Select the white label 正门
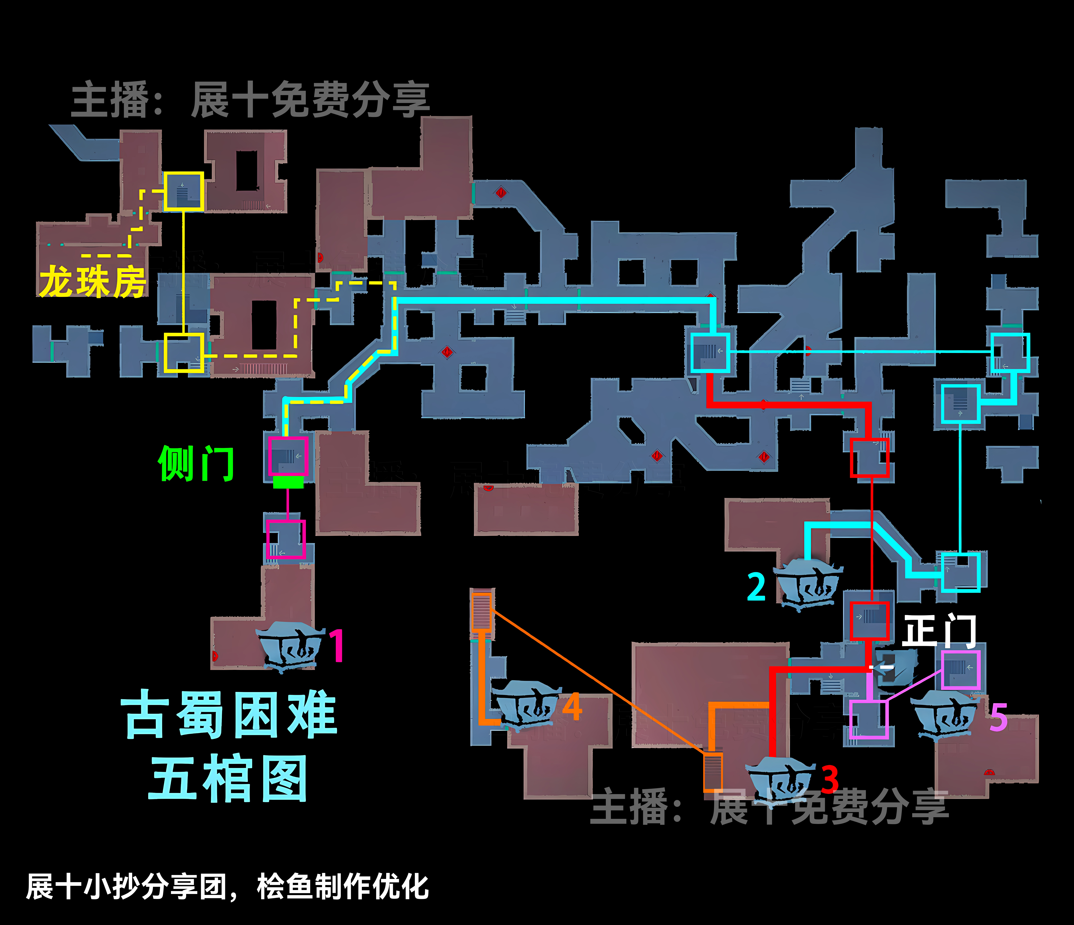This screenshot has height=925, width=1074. tap(939, 631)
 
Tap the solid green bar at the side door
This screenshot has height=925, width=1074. tap(288, 482)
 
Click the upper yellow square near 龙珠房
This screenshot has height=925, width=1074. tap(184, 191)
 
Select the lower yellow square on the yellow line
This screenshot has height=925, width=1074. tap(184, 353)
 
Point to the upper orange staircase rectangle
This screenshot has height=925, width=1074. tap(481, 611)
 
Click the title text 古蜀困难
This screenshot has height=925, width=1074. tap(229, 715)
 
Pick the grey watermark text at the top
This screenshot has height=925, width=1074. tap(250, 99)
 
